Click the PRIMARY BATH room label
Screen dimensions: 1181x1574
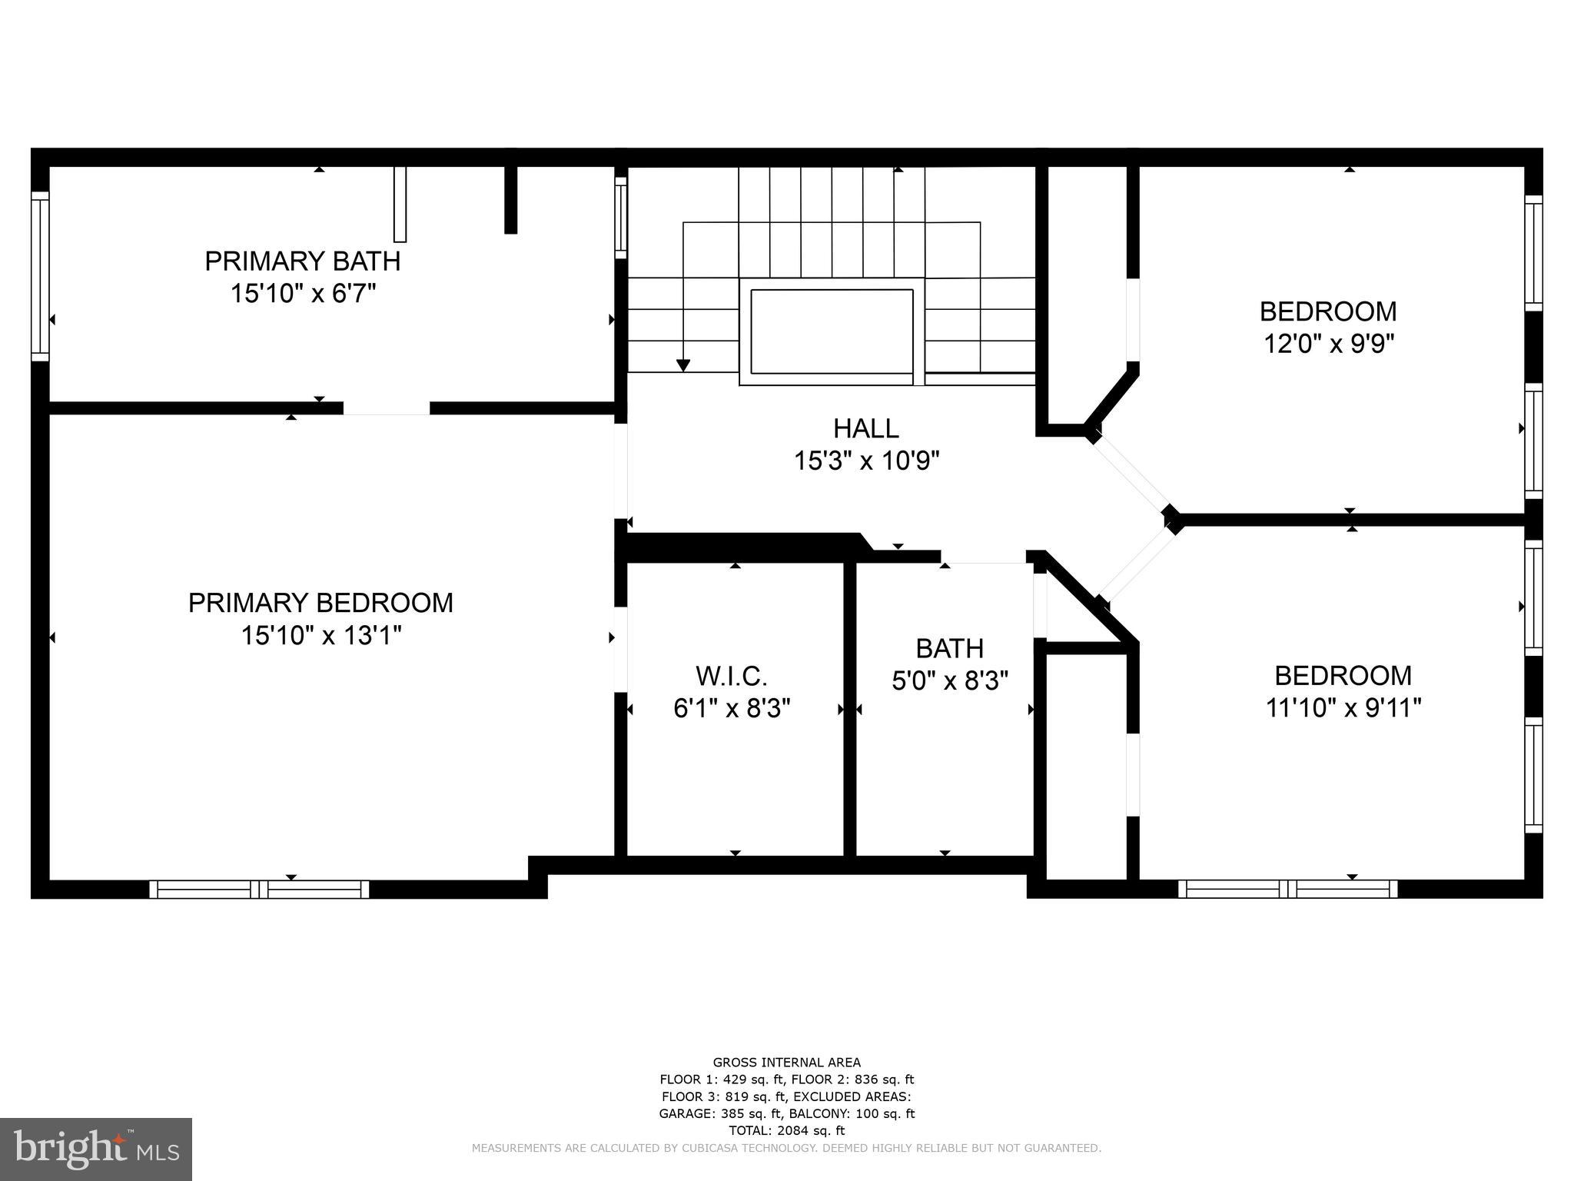tap(302, 261)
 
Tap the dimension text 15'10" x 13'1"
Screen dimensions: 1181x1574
tap(321, 636)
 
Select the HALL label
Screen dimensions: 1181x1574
tap(866, 428)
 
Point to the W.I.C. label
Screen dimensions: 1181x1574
tap(732, 677)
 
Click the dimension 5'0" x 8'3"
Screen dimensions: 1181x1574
tap(950, 681)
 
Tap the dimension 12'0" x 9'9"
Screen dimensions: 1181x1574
tap(1329, 343)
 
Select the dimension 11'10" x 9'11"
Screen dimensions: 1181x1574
tap(1343, 707)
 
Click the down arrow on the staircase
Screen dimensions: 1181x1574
tap(682, 364)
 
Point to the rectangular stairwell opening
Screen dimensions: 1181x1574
tap(832, 331)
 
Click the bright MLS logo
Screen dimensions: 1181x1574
tap(96, 1149)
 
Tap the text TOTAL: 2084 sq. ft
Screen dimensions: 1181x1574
tap(786, 1130)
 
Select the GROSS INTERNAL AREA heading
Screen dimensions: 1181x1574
tap(786, 1063)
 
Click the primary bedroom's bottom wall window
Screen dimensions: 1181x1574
tap(259, 890)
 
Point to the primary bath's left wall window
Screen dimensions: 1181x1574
tap(40, 276)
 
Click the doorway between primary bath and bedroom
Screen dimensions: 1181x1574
tap(387, 408)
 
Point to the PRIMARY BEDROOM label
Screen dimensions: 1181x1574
tap(320, 603)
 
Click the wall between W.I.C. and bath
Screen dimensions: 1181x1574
tap(850, 707)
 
